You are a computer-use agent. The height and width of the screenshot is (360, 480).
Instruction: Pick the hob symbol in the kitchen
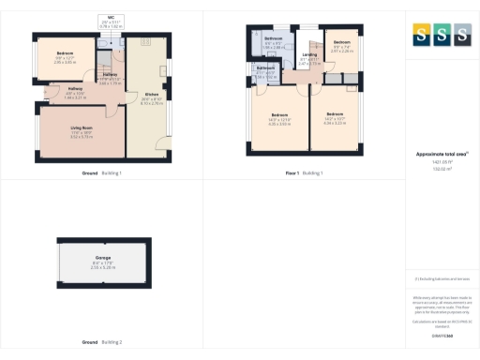146,41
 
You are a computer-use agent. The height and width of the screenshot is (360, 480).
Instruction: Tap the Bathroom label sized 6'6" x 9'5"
274,39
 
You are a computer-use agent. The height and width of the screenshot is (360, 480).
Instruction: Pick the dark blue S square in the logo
461,35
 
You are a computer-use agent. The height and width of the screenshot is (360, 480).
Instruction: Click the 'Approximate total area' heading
441,154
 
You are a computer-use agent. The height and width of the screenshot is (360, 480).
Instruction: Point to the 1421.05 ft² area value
441,161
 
